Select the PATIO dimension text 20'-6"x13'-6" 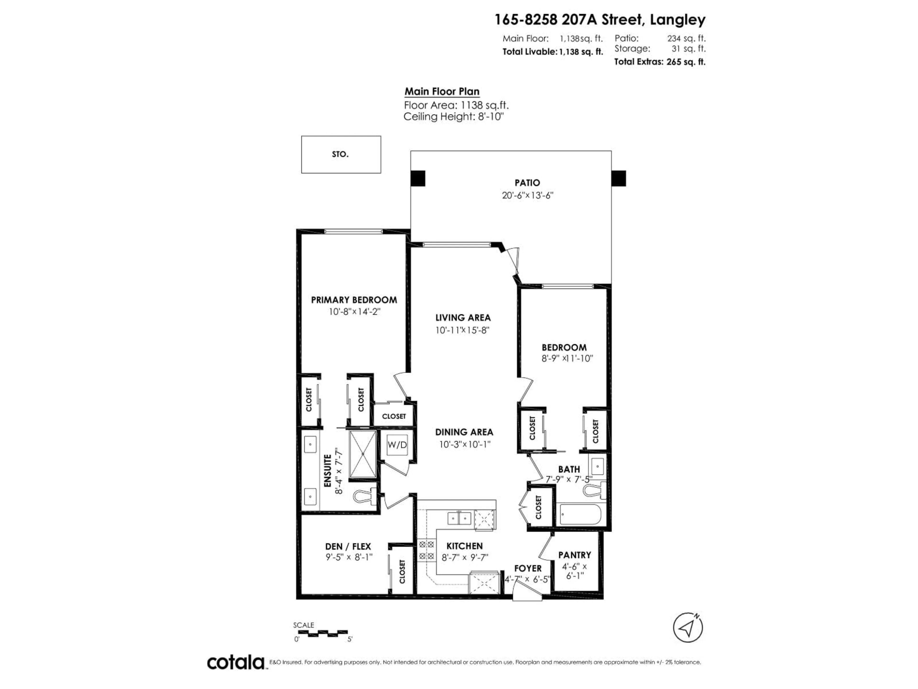[527, 195]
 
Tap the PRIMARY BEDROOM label [354, 300]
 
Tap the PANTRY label [574, 555]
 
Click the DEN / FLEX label [348, 547]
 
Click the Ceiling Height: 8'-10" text [453, 117]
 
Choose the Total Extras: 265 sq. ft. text [659, 62]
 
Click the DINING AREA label [464, 432]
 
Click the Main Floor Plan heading [442, 91]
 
